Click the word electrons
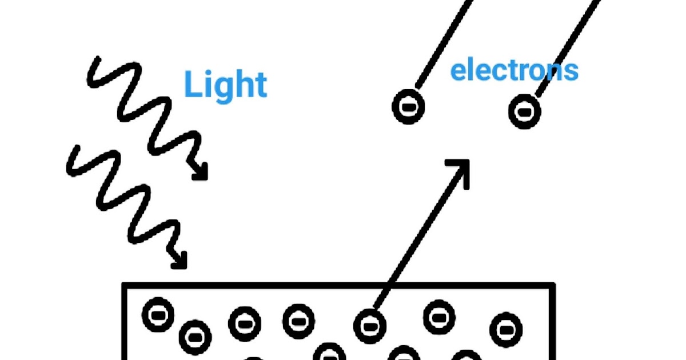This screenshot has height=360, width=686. click(x=514, y=70)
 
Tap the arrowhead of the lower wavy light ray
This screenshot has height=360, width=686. click(x=180, y=262)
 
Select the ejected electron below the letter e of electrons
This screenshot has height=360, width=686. click(x=408, y=107)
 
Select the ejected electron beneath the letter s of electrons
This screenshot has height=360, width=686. click(x=524, y=111)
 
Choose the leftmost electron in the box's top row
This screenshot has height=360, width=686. click(x=157, y=315)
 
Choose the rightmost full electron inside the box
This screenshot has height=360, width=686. click(x=505, y=329)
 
